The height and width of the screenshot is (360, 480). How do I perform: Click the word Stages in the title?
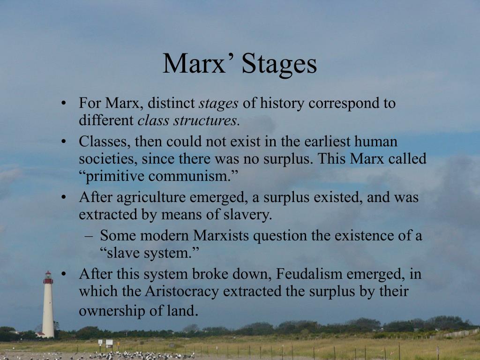(x=279, y=64)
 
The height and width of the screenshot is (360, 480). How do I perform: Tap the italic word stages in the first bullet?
(x=219, y=103)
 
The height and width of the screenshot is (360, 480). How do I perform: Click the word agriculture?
(x=151, y=197)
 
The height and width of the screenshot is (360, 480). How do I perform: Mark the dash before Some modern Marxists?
(x=89, y=235)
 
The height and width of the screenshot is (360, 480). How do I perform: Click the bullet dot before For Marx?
(x=64, y=103)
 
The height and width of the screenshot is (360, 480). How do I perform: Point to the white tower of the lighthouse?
(x=48, y=309)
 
